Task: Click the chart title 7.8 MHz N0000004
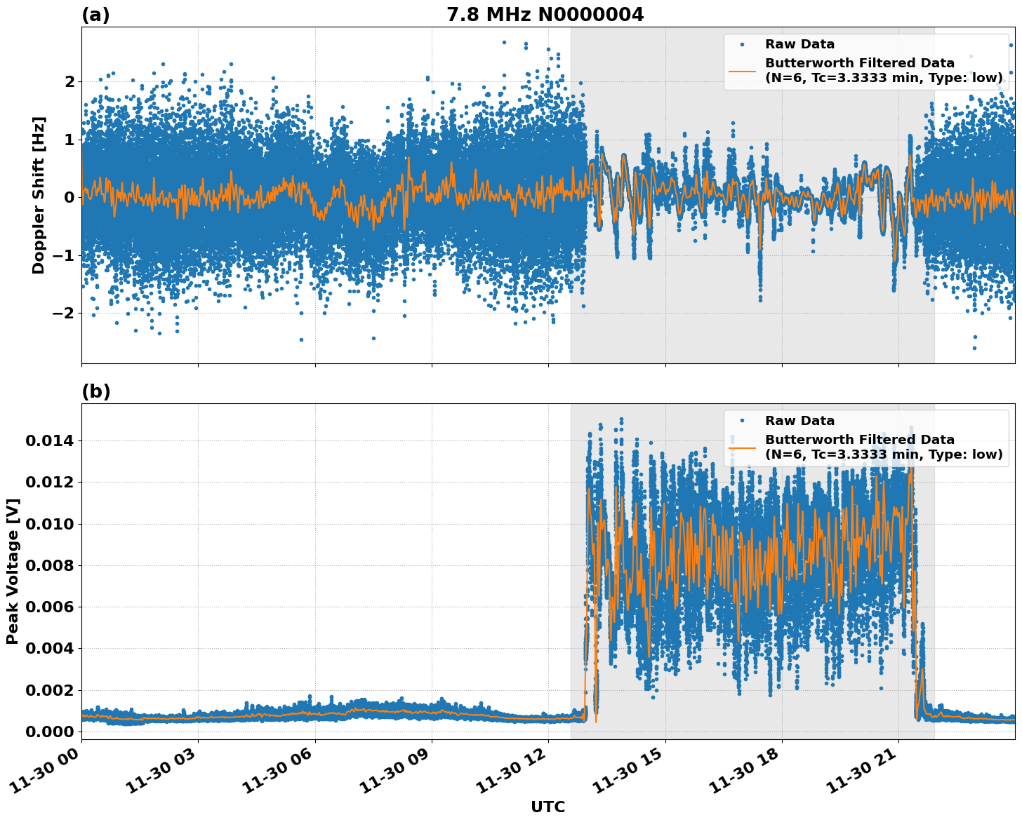click(x=545, y=15)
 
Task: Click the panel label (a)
click(x=96, y=15)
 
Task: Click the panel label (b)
click(x=96, y=391)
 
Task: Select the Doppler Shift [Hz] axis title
click(x=39, y=195)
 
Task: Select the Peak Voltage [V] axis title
click(x=13, y=571)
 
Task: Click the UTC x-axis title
click(x=547, y=807)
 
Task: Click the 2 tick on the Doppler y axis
click(x=69, y=82)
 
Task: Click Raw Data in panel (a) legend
click(x=799, y=44)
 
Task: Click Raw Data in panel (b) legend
click(x=799, y=421)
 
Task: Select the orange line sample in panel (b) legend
click(x=742, y=447)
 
